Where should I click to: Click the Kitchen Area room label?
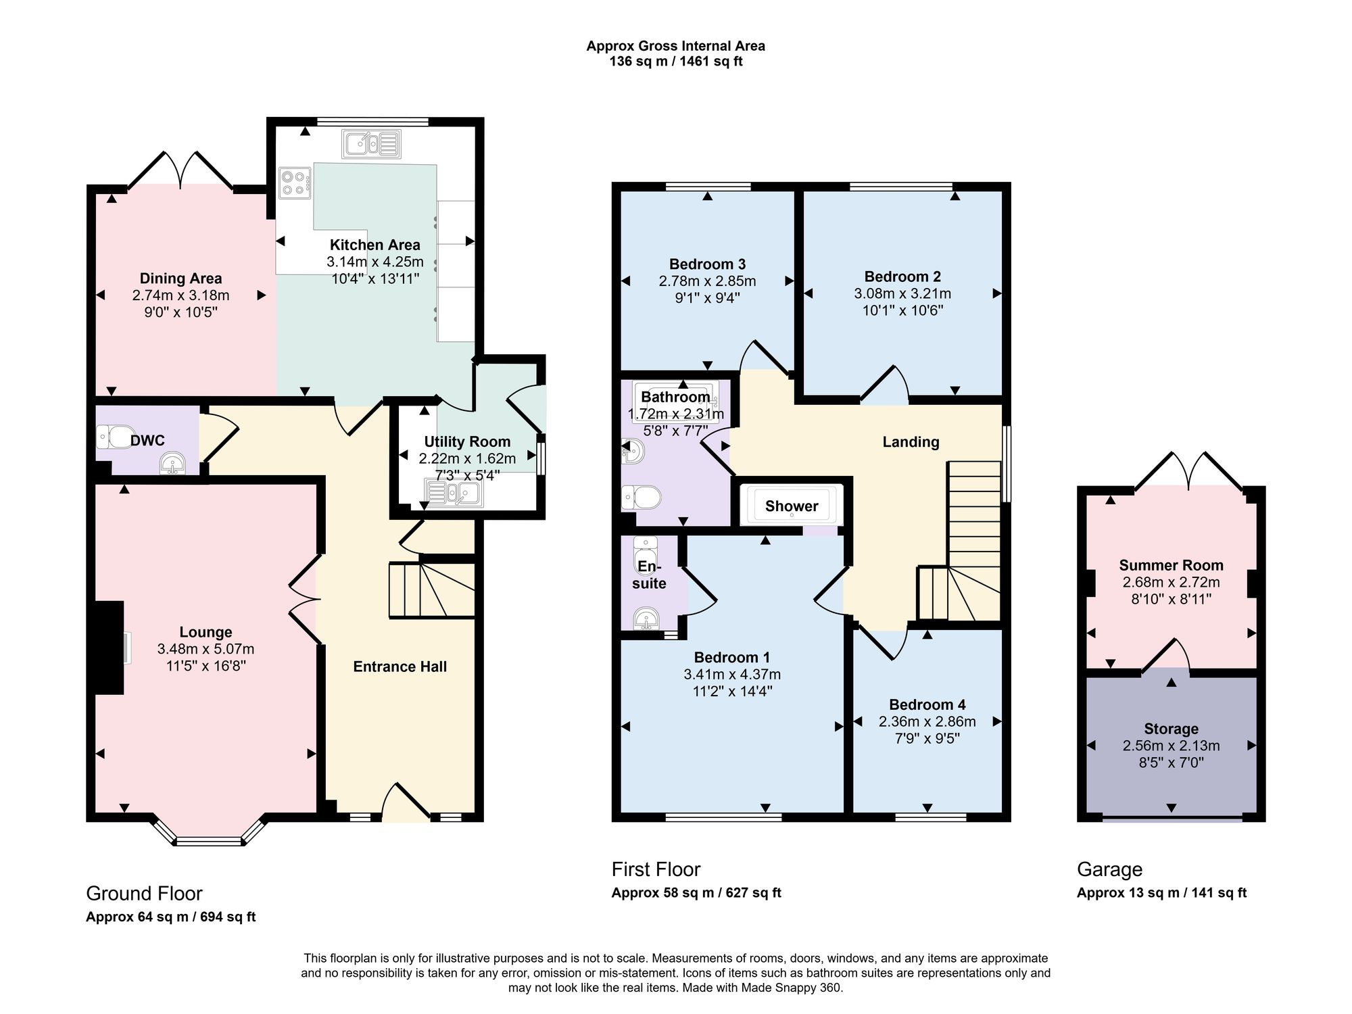coord(375,245)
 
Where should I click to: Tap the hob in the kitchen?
coord(295,183)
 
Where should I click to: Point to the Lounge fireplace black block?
coord(109,648)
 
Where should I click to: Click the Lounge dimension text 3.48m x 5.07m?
coord(206,649)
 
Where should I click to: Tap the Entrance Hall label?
coord(400,667)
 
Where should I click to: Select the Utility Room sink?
coord(453,492)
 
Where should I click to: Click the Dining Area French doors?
coord(181,170)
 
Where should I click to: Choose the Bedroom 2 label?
coord(902,276)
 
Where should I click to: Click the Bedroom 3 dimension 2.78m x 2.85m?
coord(707,281)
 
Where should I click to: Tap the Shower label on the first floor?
coord(792,506)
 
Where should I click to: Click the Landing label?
coord(911,442)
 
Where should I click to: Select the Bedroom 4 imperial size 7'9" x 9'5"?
coord(927,739)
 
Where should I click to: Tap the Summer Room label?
coord(1171,565)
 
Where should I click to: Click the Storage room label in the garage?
coord(1171,729)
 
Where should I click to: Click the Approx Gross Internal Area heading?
coord(675,46)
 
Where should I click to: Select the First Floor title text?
coord(656,869)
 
